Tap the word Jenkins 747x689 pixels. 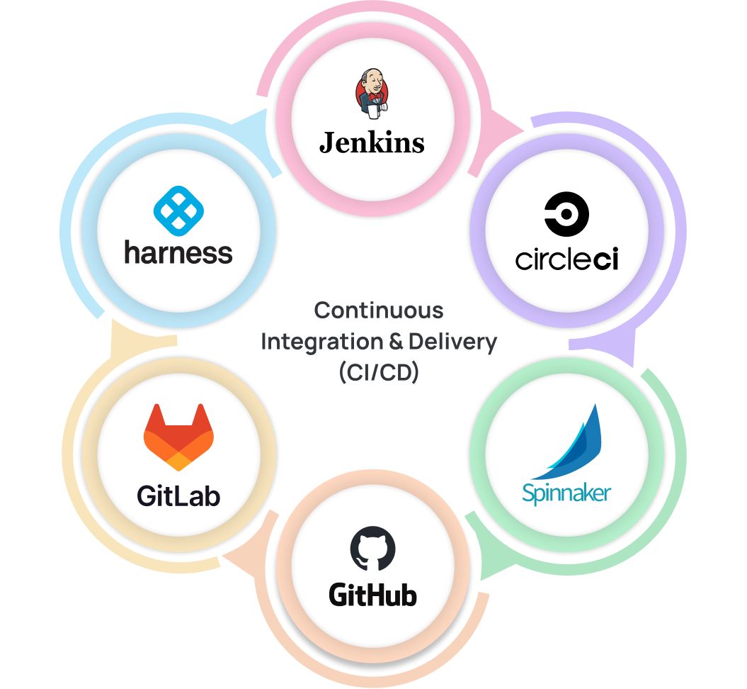click(x=372, y=142)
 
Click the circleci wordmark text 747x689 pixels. click(x=566, y=259)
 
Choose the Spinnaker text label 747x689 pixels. click(x=566, y=492)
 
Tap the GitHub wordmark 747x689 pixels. click(x=372, y=594)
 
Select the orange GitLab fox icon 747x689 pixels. click(x=178, y=437)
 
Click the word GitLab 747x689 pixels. click(x=178, y=495)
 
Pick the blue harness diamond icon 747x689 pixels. click(x=178, y=211)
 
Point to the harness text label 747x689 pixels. click(x=178, y=252)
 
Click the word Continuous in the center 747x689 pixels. click(x=379, y=310)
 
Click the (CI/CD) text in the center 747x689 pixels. click(x=379, y=372)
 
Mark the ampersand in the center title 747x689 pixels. click(x=396, y=342)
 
